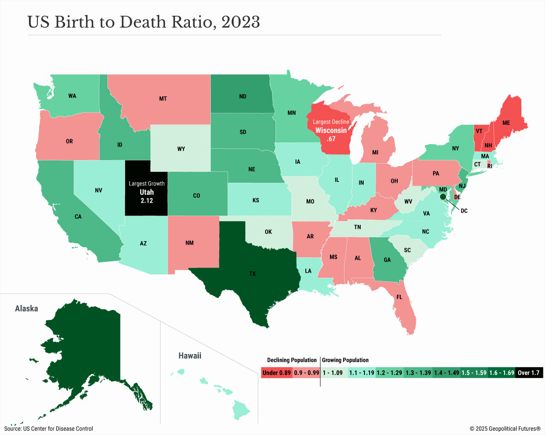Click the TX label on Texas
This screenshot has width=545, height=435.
[x=252, y=274]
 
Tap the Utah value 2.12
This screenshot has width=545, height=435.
[x=147, y=201]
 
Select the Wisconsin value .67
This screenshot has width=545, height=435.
[x=331, y=139]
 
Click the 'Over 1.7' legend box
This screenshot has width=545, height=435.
[x=528, y=373]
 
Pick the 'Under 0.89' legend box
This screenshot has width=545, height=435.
[x=276, y=373]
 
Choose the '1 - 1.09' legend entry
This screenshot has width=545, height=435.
[x=333, y=373]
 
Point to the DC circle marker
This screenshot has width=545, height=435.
[x=443, y=196]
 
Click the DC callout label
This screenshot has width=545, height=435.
[x=464, y=211]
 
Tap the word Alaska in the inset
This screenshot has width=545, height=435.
[x=26, y=308]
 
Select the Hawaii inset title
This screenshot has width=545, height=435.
[x=190, y=355]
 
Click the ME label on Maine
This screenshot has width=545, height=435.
[x=506, y=123]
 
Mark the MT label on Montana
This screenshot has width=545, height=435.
[x=163, y=98]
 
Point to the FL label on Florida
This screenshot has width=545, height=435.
[x=399, y=297]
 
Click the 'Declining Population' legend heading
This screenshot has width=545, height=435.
[x=292, y=360]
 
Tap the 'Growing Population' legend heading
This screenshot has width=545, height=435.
[x=345, y=360]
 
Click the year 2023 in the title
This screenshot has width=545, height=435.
[x=241, y=22]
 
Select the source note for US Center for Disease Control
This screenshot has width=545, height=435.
[x=49, y=429]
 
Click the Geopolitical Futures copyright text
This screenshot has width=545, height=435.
[x=505, y=429]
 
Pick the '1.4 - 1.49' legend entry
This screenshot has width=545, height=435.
[x=447, y=373]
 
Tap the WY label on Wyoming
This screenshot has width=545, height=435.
[x=181, y=149]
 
